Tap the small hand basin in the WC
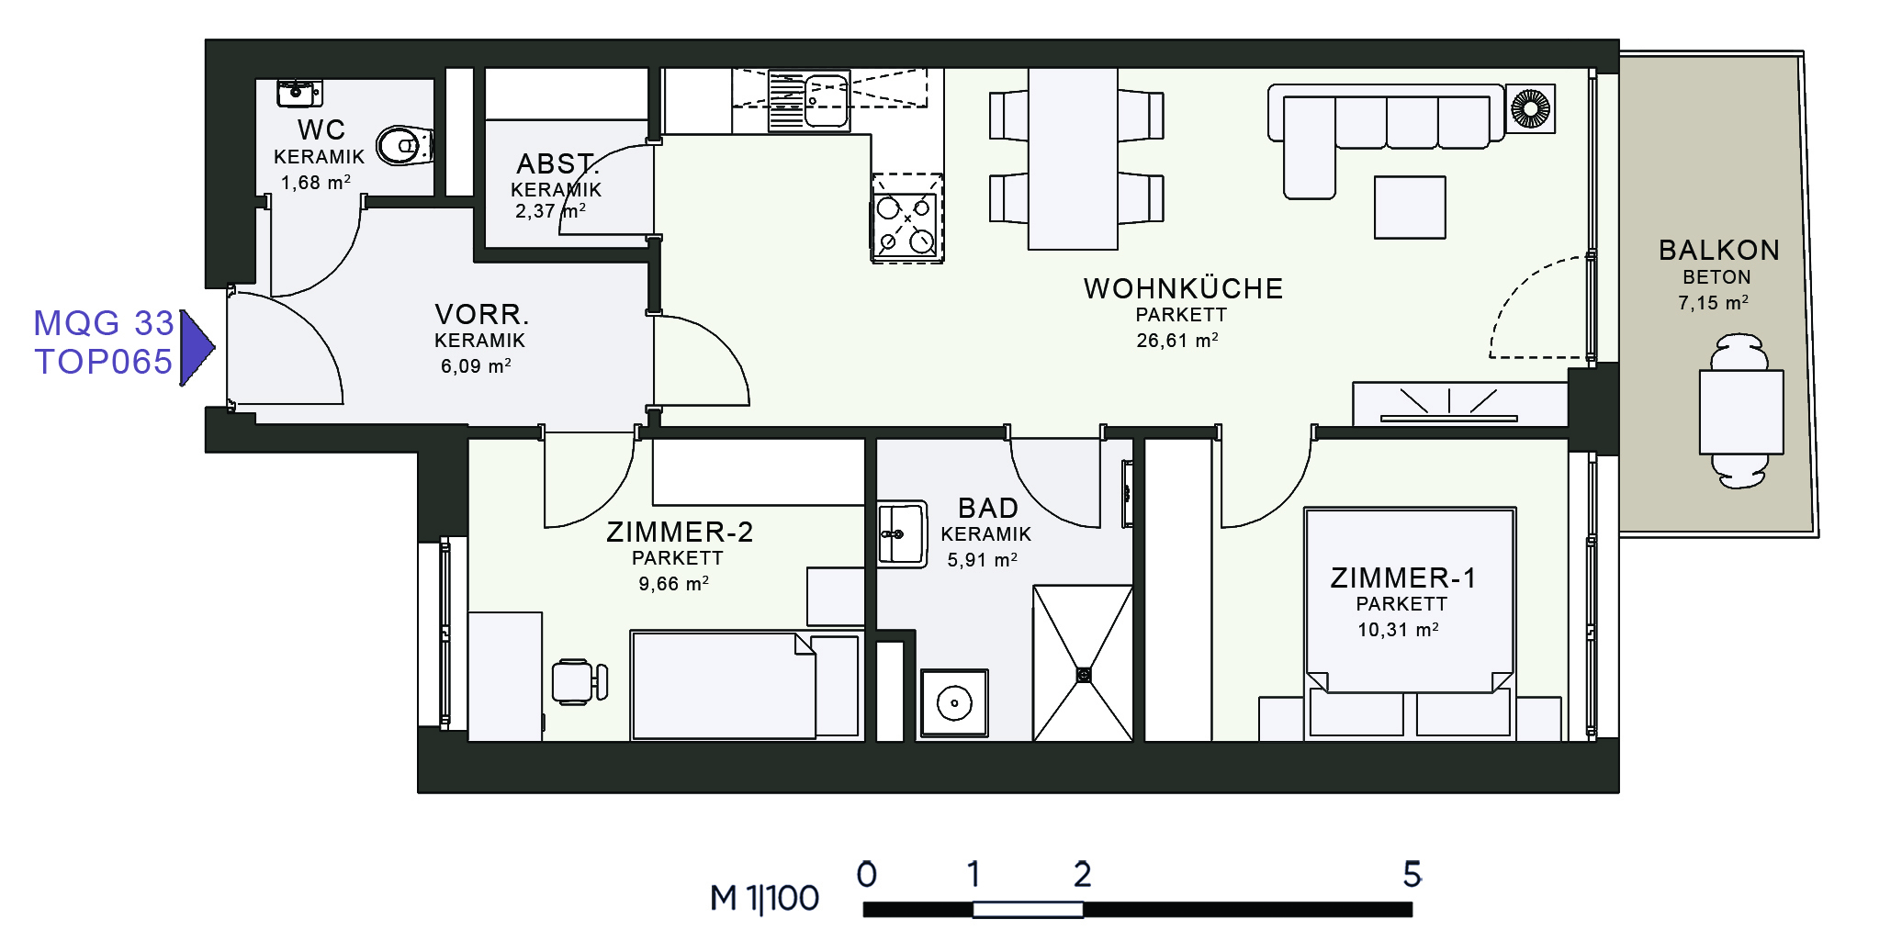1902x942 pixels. (299, 93)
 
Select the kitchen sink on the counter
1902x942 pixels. (809, 102)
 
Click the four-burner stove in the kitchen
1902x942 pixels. (906, 219)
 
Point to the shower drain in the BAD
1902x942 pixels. (1084, 675)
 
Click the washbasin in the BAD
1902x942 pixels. (901, 534)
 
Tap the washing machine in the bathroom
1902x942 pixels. (954, 703)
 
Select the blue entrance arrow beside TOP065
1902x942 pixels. (197, 348)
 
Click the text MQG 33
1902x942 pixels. (104, 323)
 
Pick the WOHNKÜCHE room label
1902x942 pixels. (1183, 288)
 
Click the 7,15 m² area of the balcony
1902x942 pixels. (1713, 302)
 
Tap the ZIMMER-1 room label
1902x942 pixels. (1402, 578)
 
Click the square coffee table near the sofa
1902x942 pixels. (1410, 207)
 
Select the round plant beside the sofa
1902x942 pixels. (1530, 108)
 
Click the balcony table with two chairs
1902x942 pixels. (1740, 411)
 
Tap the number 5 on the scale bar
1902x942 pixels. (1412, 874)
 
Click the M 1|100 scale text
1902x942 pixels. (764, 898)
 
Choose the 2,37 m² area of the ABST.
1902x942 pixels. (550, 211)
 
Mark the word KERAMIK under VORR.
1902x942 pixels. (479, 341)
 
